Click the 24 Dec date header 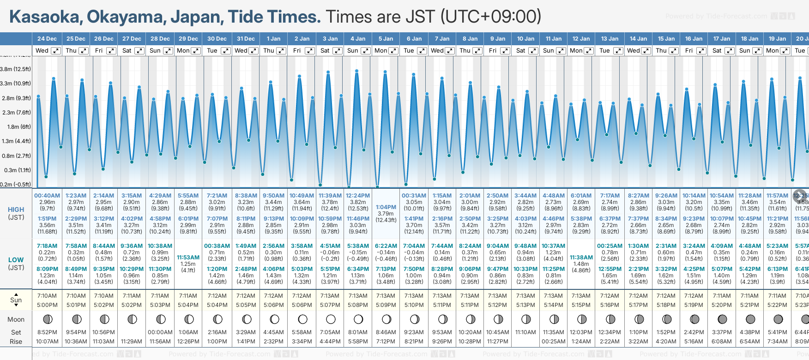point(47,39)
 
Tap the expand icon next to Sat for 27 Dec point(139,51)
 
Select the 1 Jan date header point(273,39)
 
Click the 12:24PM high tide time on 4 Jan point(358,196)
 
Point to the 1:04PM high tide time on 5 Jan point(386,207)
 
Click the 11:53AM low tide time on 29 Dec point(188,258)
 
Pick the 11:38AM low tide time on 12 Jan point(581,258)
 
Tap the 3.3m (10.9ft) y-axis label point(16,84)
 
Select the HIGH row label point(16,210)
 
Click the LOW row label point(16,260)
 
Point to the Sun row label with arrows point(16,300)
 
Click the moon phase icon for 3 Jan point(331,319)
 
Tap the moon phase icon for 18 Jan point(750,319)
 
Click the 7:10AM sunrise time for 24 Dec point(47,296)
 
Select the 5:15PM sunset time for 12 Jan point(581,305)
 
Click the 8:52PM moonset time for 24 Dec point(47,332)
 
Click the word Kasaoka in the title point(45,17)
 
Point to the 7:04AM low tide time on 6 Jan point(414,246)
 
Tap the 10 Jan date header point(525,39)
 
